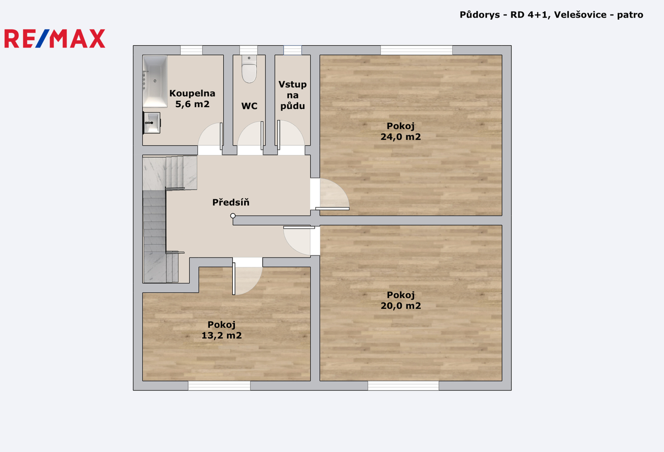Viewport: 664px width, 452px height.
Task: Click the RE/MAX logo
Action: (55, 39)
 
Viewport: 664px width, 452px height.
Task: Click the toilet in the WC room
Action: (249, 69)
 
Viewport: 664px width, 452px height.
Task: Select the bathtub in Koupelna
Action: (155, 81)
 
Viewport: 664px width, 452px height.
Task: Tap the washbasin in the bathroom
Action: (152, 123)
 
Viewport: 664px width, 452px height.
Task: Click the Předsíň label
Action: (231, 203)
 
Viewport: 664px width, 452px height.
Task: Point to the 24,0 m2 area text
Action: (400, 137)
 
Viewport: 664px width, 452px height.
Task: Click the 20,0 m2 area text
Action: (401, 306)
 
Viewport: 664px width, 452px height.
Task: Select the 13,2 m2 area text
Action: (222, 336)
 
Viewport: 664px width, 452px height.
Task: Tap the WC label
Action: (249, 106)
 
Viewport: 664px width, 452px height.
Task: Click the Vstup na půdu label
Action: (293, 95)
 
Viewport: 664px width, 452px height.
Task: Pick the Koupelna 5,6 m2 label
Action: (192, 99)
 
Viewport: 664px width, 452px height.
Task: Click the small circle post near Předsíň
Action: (233, 216)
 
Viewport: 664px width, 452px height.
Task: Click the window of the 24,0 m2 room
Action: (417, 50)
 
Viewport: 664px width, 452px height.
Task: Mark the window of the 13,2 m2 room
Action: (219, 386)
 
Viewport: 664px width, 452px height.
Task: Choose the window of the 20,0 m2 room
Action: (403, 386)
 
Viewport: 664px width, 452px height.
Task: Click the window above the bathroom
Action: (191, 50)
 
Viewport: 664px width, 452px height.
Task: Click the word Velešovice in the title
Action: (580, 15)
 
